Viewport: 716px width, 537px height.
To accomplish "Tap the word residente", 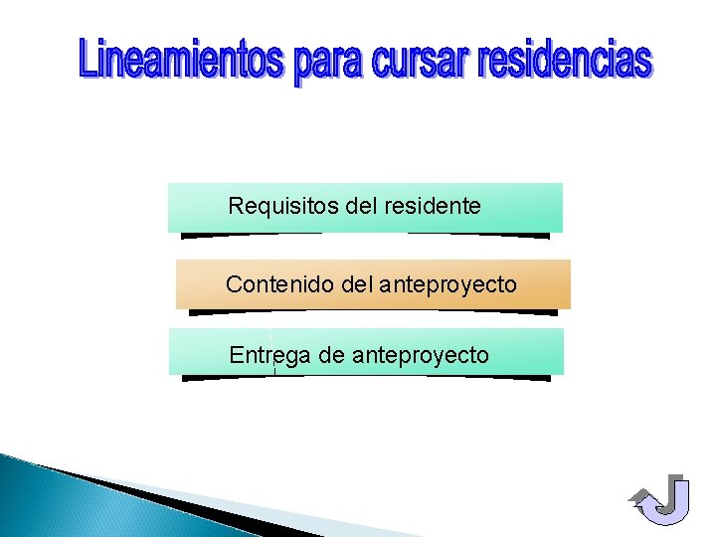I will tap(432, 206).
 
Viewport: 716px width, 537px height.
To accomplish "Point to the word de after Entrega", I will tap(331, 355).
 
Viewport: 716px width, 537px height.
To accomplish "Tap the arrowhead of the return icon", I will tap(639, 496).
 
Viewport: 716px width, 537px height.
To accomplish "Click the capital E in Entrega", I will tap(237, 355).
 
